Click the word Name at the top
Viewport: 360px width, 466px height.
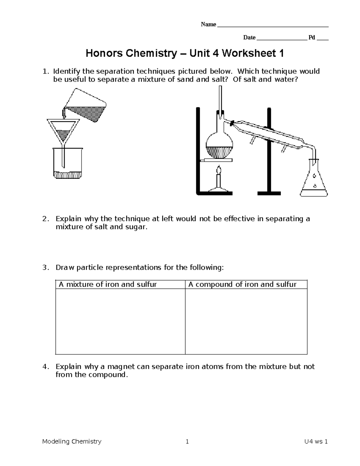(x=208, y=25)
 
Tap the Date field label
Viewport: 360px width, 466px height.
(x=249, y=38)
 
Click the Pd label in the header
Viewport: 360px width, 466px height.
(x=312, y=38)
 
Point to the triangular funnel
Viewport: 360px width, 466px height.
(x=63, y=131)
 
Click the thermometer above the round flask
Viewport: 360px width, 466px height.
(x=220, y=99)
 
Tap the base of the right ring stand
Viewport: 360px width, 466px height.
(x=269, y=193)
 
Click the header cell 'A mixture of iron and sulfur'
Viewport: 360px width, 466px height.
(x=108, y=284)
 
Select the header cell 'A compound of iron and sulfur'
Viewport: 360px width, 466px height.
(x=242, y=284)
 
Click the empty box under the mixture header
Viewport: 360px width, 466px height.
(x=120, y=321)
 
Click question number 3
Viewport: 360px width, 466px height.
(x=45, y=268)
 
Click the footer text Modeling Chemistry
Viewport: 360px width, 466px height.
(x=72, y=441)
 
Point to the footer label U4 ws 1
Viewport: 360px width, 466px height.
(x=315, y=441)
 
